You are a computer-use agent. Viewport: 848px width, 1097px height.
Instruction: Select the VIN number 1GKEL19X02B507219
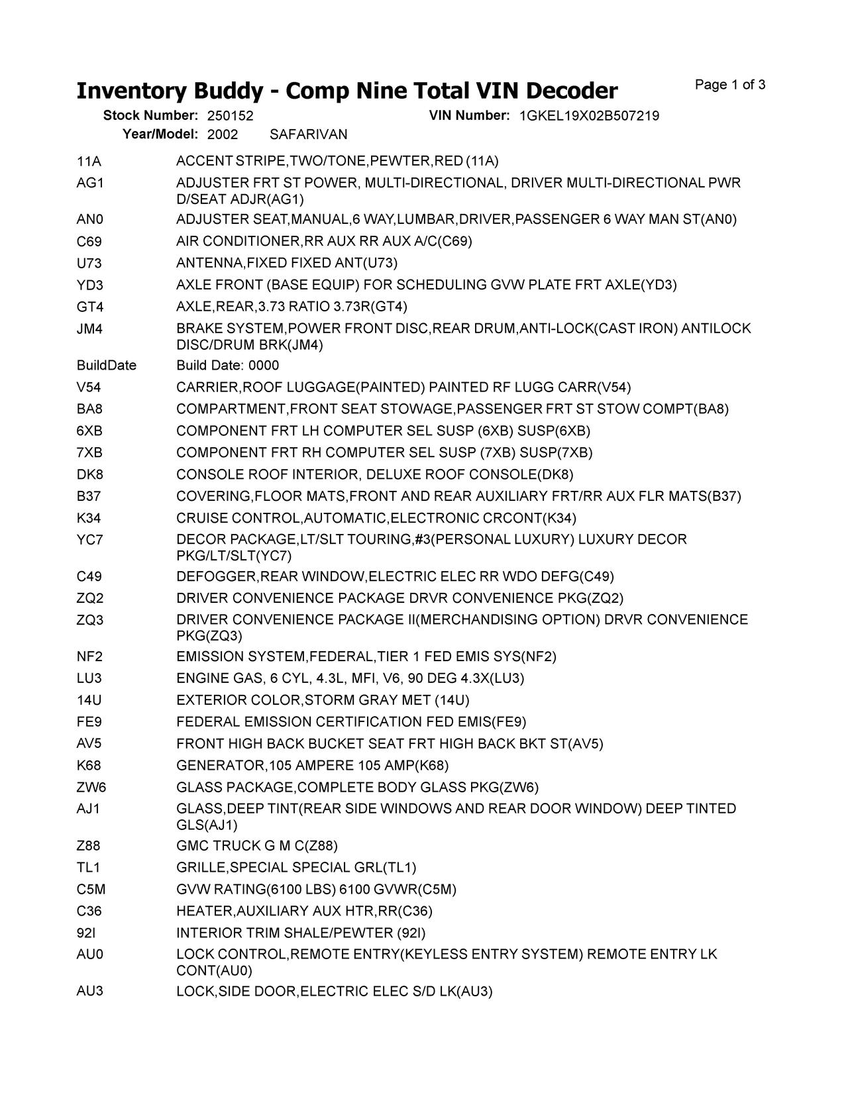pyautogui.click(x=589, y=116)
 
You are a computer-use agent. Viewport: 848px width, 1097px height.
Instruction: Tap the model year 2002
pyautogui.click(x=223, y=134)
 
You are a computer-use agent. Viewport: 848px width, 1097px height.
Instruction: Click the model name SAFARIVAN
pyautogui.click(x=308, y=134)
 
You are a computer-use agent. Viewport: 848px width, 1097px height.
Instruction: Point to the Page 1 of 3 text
pyautogui.click(x=730, y=85)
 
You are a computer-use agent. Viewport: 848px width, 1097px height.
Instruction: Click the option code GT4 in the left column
pyautogui.click(x=90, y=307)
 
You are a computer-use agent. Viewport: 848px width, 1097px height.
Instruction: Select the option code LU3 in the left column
pyautogui.click(x=89, y=678)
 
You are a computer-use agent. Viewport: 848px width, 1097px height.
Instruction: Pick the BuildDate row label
pyautogui.click(x=107, y=366)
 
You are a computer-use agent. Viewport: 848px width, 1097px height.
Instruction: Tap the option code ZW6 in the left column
pyautogui.click(x=91, y=787)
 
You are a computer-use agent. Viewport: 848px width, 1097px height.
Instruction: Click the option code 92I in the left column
pyautogui.click(x=86, y=933)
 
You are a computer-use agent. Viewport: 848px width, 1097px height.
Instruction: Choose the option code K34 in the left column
pyautogui.click(x=89, y=518)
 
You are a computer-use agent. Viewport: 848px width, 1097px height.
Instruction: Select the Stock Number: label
pyautogui.click(x=150, y=116)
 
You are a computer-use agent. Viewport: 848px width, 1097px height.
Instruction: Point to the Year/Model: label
pyautogui.click(x=160, y=134)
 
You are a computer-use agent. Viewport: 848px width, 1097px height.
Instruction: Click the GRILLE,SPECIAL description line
pyautogui.click(x=296, y=868)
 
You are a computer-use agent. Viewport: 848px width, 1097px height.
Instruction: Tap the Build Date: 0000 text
pyautogui.click(x=228, y=366)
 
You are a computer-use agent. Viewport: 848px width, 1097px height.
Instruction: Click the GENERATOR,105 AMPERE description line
pyautogui.click(x=312, y=766)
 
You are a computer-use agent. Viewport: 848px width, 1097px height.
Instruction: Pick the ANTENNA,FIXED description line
pyautogui.click(x=287, y=263)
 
